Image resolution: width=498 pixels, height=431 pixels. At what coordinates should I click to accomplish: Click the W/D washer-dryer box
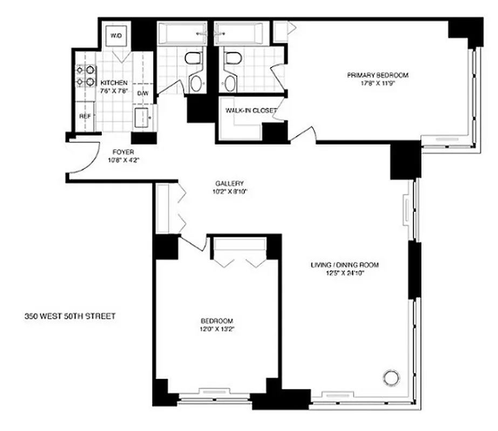pos(117,36)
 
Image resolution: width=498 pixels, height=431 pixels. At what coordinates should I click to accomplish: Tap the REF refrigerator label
pos(85,116)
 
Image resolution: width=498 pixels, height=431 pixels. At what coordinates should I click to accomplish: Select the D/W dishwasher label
pos(142,94)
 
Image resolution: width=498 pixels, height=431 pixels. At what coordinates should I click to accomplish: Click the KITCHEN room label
pos(114,82)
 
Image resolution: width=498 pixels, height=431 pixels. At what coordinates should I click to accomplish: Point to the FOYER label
pos(124,152)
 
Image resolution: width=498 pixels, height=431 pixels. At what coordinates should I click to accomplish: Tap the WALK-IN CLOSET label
pos(251,110)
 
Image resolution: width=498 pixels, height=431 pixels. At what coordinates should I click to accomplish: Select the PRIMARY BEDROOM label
pos(377,75)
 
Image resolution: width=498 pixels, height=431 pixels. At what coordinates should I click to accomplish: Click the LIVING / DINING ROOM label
pos(345,265)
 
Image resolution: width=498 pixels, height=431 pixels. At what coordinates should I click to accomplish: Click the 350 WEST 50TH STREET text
pos(70,316)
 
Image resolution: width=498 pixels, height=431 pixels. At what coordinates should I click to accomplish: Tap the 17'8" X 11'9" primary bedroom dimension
pos(377,83)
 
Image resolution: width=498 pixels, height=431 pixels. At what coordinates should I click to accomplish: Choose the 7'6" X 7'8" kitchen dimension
pos(114,91)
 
